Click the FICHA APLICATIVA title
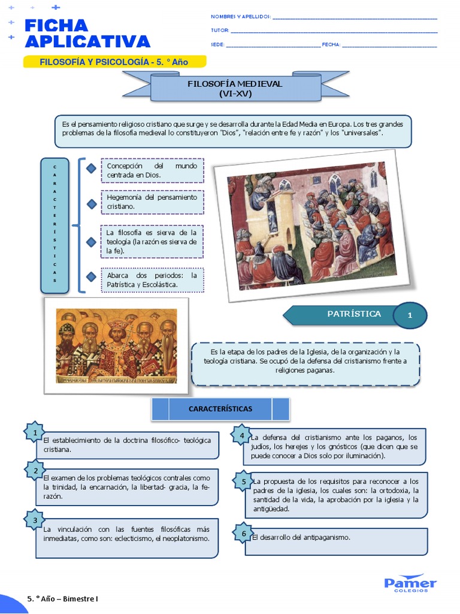coord(87,33)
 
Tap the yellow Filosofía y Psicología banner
coord(114,62)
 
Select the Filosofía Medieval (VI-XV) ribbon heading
coord(234,88)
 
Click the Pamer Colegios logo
coord(410,583)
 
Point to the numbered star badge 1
coord(35,432)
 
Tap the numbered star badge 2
coord(36,471)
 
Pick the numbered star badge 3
coord(35,520)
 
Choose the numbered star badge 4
coord(242,435)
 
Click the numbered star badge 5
coord(243,481)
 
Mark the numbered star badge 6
coord(243,533)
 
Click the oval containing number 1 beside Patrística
coord(410,315)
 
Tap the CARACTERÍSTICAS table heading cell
coord(220,409)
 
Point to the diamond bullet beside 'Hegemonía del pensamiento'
coord(91,204)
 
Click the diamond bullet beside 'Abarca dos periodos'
coord(91,276)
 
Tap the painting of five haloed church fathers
coord(116,345)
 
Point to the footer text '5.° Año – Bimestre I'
coord(63,598)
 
